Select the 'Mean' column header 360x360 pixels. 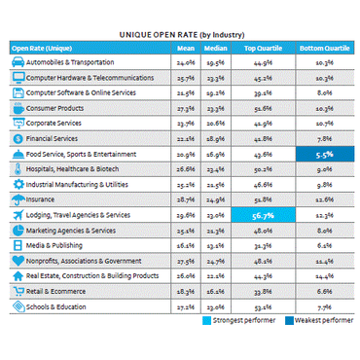click(184, 46)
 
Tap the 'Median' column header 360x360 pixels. click(216, 46)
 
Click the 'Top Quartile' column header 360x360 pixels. click(262, 46)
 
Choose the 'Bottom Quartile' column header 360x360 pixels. click(323, 46)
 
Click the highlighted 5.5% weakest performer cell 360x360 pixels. click(324, 154)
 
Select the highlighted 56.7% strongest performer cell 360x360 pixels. click(262, 215)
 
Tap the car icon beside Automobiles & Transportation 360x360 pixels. click(18, 61)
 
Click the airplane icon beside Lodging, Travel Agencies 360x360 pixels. click(18, 215)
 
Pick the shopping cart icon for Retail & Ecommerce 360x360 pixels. click(18, 292)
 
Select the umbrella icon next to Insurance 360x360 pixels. click(18, 199)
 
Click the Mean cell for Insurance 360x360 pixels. click(184, 199)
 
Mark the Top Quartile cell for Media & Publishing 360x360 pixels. click(262, 246)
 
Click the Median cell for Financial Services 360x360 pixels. click(216, 138)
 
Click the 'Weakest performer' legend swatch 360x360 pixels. click(289, 322)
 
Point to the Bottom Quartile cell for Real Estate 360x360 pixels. click(324, 276)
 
